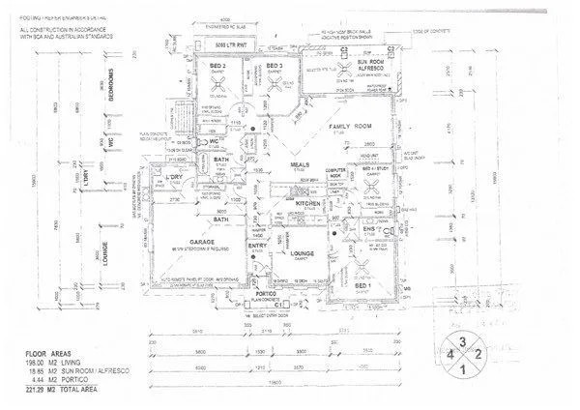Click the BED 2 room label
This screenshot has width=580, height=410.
217,65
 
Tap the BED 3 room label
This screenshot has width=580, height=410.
273,65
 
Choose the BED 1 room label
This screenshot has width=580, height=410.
362,287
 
